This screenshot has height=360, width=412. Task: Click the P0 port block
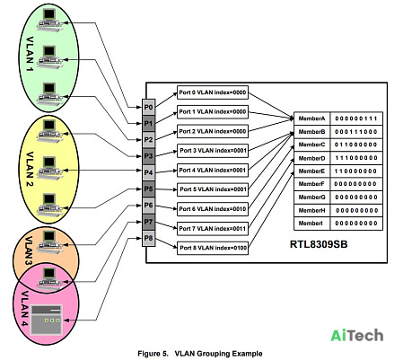148,107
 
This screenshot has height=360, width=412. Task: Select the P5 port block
148,189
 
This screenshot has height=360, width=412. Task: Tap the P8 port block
148,239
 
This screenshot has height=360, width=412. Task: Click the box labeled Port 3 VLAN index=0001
213,151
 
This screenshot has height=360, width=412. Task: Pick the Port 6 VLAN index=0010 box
213,209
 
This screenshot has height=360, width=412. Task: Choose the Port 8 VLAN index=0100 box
213,248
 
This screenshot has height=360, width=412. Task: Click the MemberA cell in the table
311,119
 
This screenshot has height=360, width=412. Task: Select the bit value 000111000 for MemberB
356,132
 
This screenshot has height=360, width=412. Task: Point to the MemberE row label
311,171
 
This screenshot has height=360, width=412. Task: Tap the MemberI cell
311,224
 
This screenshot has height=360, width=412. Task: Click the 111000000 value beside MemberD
356,158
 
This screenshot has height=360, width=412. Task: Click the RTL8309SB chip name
319,244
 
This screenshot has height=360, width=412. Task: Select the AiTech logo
356,335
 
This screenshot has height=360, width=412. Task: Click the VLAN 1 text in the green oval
30,54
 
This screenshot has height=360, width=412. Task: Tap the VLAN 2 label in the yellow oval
30,169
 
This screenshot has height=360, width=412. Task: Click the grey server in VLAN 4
47,320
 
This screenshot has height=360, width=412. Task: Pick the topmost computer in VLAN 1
49,20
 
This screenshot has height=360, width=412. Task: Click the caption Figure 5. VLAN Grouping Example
200,354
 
